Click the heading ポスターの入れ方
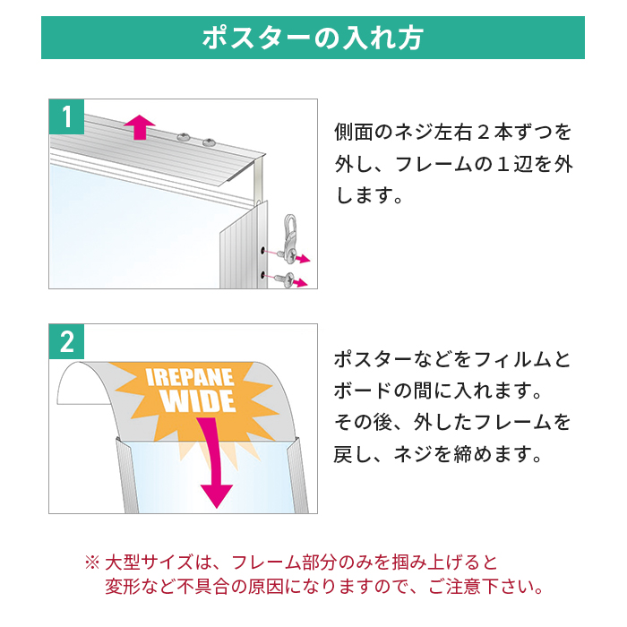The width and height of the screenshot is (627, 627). pyautogui.click(x=313, y=39)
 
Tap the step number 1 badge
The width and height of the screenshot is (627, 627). pyautogui.click(x=67, y=116)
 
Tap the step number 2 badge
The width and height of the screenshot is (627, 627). pyautogui.click(x=67, y=342)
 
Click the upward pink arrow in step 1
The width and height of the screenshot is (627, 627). pyautogui.click(x=139, y=127)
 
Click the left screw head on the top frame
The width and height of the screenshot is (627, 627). pyautogui.click(x=184, y=137)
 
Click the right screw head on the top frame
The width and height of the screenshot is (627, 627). pyautogui.click(x=209, y=142)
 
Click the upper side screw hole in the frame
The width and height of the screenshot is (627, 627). pyautogui.click(x=262, y=251)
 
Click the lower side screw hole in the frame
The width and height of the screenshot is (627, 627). pyautogui.click(x=262, y=274)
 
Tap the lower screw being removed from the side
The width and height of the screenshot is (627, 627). pyautogui.click(x=287, y=279)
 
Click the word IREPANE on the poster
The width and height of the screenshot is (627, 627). pyautogui.click(x=190, y=377)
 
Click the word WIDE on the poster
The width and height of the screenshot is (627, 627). pyautogui.click(x=199, y=400)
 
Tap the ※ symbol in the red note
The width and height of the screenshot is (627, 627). pyautogui.click(x=92, y=563)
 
